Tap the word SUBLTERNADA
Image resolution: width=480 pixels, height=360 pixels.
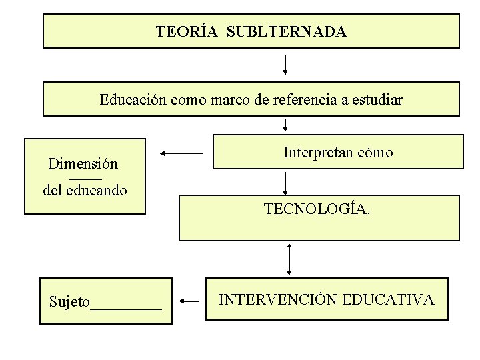pos(287,31)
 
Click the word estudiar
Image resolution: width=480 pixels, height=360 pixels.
pos(377,100)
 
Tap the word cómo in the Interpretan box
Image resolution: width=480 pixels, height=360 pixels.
pos(375,153)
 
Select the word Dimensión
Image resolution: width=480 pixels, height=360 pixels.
pos(83,163)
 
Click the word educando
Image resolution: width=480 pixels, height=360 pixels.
pos(98,190)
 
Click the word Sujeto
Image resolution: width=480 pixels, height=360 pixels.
pos(69,302)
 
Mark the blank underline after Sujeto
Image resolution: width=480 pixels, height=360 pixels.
pos(126,307)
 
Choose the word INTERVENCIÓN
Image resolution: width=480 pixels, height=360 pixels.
pos(279,299)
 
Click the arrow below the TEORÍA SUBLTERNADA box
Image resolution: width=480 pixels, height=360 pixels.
pos(285,65)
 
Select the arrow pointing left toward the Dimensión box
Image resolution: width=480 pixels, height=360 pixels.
pos(181,153)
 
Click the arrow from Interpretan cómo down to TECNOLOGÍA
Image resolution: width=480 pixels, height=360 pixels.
pos(285,183)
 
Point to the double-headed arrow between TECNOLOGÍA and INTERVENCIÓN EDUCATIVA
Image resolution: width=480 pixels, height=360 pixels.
pos(289,259)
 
